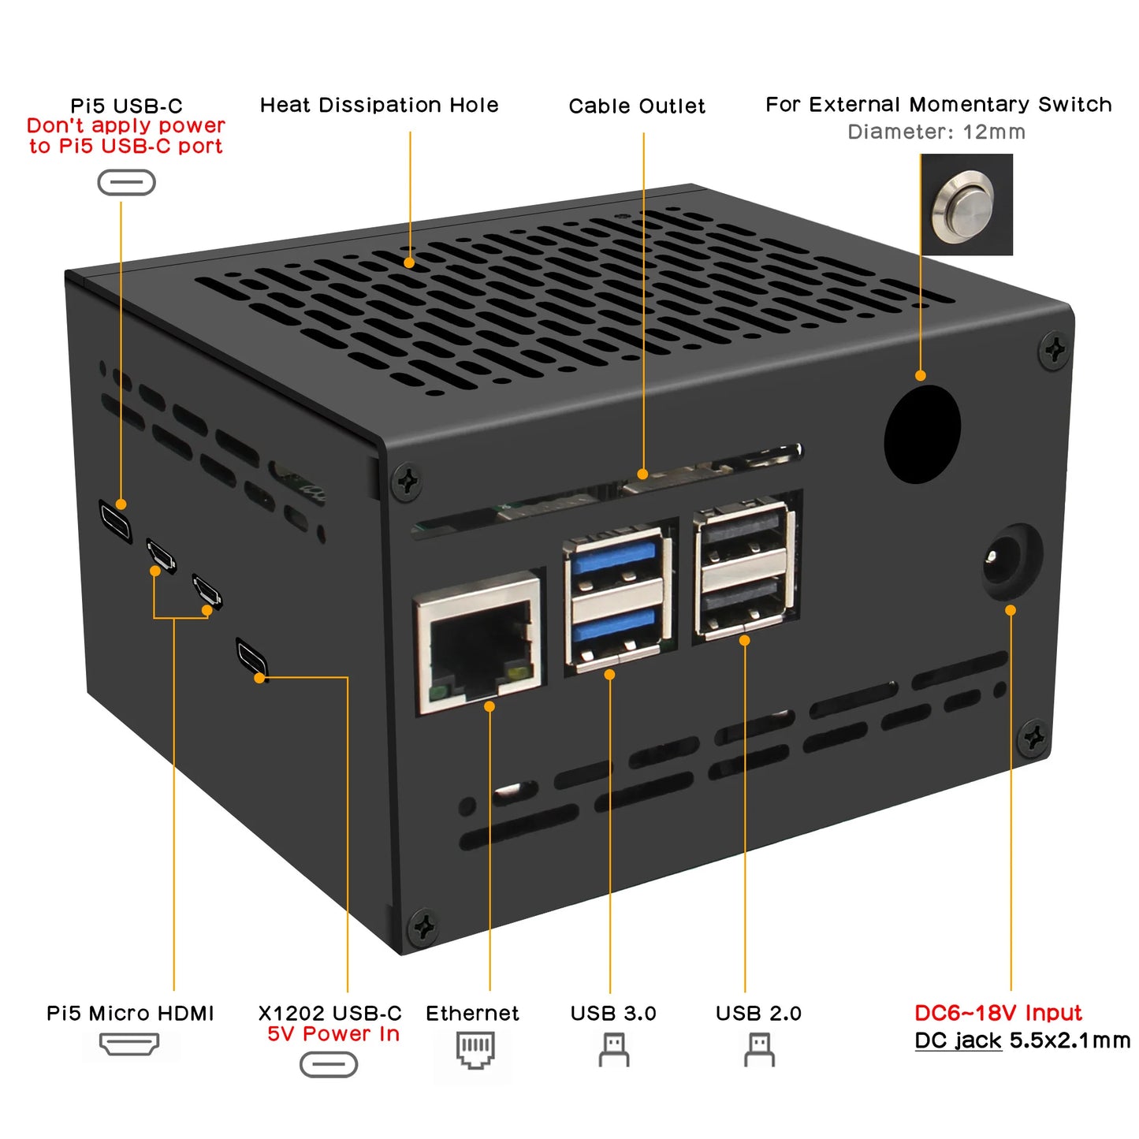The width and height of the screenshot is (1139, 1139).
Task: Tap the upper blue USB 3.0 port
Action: tap(614, 560)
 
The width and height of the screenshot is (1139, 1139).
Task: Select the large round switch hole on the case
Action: tap(921, 434)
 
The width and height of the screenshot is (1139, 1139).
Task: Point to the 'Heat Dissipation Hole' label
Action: tap(379, 105)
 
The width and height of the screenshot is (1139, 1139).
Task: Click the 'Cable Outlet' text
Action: tap(637, 106)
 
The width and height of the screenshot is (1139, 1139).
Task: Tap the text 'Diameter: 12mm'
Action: tap(936, 132)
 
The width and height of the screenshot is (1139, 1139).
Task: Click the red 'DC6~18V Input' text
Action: tap(998, 1013)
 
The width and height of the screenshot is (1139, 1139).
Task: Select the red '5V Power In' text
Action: tap(333, 1034)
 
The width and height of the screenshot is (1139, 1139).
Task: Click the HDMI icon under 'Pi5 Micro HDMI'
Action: tap(129, 1044)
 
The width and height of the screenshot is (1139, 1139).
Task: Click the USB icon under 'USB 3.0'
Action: tap(613, 1050)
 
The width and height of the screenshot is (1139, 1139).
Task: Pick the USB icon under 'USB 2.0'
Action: tap(759, 1050)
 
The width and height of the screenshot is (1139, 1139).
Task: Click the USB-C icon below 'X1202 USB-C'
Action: tap(329, 1065)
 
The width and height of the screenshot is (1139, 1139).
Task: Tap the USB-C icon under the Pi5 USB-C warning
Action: tap(126, 183)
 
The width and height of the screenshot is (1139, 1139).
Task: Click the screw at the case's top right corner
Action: tap(1054, 349)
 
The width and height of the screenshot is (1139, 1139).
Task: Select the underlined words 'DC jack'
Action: tap(958, 1040)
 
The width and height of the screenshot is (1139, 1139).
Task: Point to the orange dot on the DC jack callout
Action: tap(1011, 610)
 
